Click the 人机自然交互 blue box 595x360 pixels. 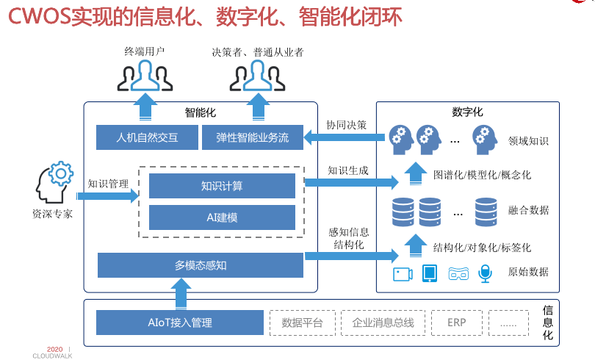(147, 137)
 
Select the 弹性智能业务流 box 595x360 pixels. (253, 137)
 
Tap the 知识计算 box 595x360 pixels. (222, 186)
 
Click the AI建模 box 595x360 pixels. (222, 217)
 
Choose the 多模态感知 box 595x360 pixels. (200, 265)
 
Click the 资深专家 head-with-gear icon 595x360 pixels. (53, 183)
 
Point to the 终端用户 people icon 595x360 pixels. (145, 74)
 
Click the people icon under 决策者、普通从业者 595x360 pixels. (256, 74)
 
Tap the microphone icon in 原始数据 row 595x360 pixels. (485, 273)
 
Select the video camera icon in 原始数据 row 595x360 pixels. (403, 273)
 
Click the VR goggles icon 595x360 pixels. (458, 273)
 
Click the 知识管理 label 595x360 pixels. (108, 184)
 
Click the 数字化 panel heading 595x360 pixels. (467, 112)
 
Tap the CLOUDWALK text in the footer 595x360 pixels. (52, 356)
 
